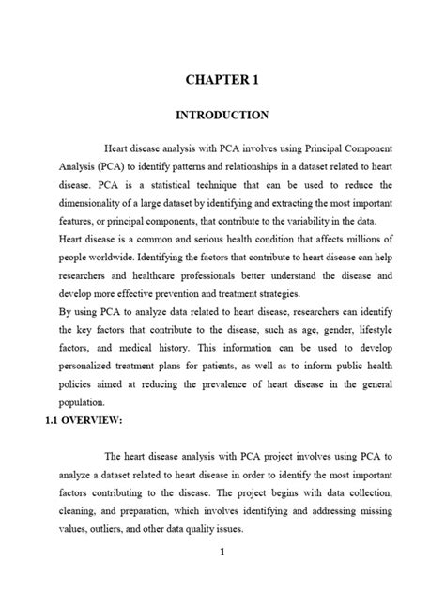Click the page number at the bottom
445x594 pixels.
pos(222,553)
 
